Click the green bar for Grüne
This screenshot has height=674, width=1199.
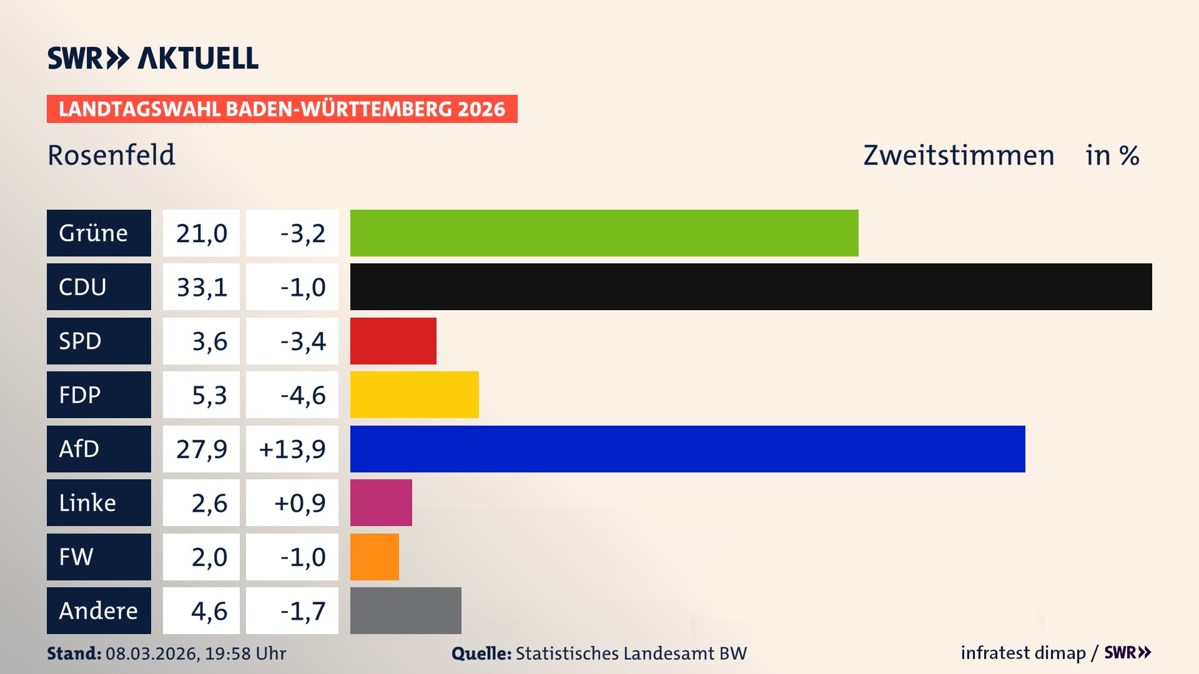coord(604,233)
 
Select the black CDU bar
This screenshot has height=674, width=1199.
coord(751,286)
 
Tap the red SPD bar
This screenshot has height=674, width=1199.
coord(393,341)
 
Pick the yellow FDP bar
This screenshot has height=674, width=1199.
coord(414,394)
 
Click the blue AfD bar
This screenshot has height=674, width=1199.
coord(687,449)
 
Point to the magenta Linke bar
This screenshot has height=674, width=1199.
coord(381,502)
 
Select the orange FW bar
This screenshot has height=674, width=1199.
coord(374,557)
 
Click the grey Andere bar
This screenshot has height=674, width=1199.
coord(405,610)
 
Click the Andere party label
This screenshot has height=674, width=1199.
coord(99,610)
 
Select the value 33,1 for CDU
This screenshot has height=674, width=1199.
coord(201,287)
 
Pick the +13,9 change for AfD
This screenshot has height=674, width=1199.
coord(292,449)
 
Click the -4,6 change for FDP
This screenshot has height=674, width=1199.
coord(302,395)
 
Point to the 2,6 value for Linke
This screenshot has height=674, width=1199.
coord(209,503)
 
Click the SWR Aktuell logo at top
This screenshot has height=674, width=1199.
coord(153,58)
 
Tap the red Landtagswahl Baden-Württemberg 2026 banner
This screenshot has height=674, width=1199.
coord(282,109)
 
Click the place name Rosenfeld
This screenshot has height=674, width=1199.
coord(111,155)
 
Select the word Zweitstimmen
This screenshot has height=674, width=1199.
coord(959,155)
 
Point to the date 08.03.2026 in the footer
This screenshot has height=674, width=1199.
coord(152,653)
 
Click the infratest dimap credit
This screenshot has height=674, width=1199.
coord(1023,653)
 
